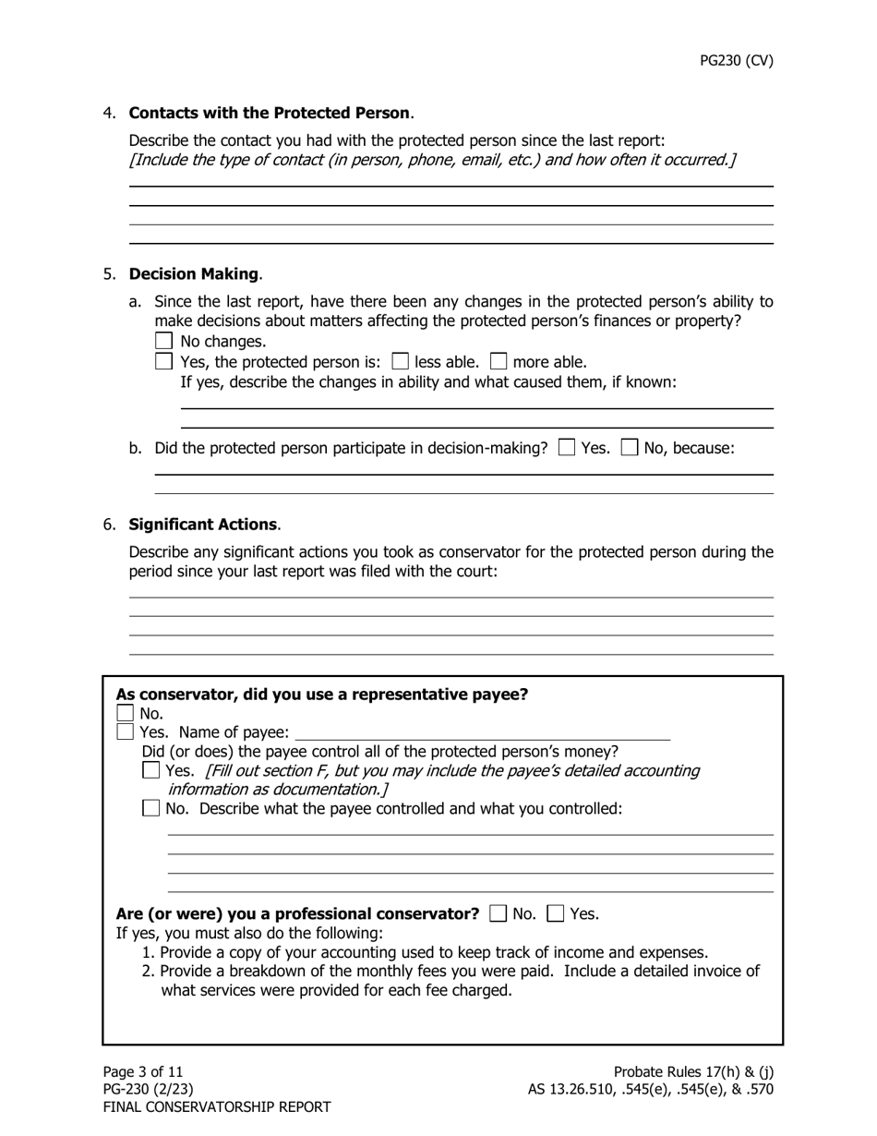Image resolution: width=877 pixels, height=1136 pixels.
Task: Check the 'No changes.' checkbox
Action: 164,342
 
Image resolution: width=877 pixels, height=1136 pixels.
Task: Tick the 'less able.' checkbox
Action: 401,362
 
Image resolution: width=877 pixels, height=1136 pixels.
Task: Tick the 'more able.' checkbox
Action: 499,362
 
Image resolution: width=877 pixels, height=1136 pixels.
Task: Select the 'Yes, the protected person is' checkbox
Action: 164,362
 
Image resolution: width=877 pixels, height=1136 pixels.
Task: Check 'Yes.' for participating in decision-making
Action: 568,448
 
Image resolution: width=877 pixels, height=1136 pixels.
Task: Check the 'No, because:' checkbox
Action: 630,448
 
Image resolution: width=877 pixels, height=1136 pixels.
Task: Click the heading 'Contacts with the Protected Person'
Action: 269,113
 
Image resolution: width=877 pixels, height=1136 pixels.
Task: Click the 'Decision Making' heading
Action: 193,274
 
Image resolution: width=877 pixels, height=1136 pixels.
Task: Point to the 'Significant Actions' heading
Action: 202,525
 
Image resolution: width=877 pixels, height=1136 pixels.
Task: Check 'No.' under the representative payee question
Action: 126,713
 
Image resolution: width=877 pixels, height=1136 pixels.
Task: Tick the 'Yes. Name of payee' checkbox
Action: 126,732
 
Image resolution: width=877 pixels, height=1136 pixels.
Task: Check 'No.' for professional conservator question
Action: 499,913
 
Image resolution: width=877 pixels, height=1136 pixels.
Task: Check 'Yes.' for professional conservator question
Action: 556,913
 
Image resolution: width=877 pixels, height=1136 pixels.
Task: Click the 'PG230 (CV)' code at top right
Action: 736,61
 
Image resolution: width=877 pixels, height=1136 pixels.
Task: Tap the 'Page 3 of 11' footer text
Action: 143,1071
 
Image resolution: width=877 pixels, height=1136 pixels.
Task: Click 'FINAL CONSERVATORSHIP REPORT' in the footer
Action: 217,1106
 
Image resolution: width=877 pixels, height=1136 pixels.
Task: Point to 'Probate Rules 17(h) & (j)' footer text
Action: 693,1071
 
